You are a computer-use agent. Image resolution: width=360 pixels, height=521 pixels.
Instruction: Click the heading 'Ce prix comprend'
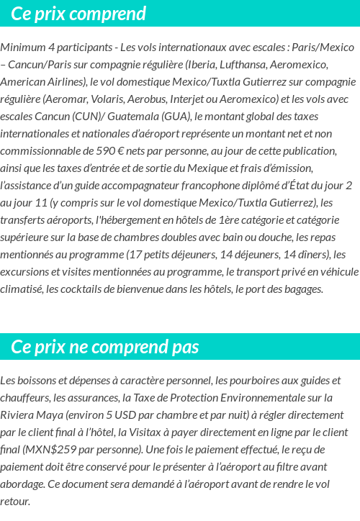coord(78,14)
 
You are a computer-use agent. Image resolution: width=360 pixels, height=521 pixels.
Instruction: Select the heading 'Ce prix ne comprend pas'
coord(104,347)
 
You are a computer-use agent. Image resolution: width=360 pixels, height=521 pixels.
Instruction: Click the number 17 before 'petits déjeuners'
coord(135,255)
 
